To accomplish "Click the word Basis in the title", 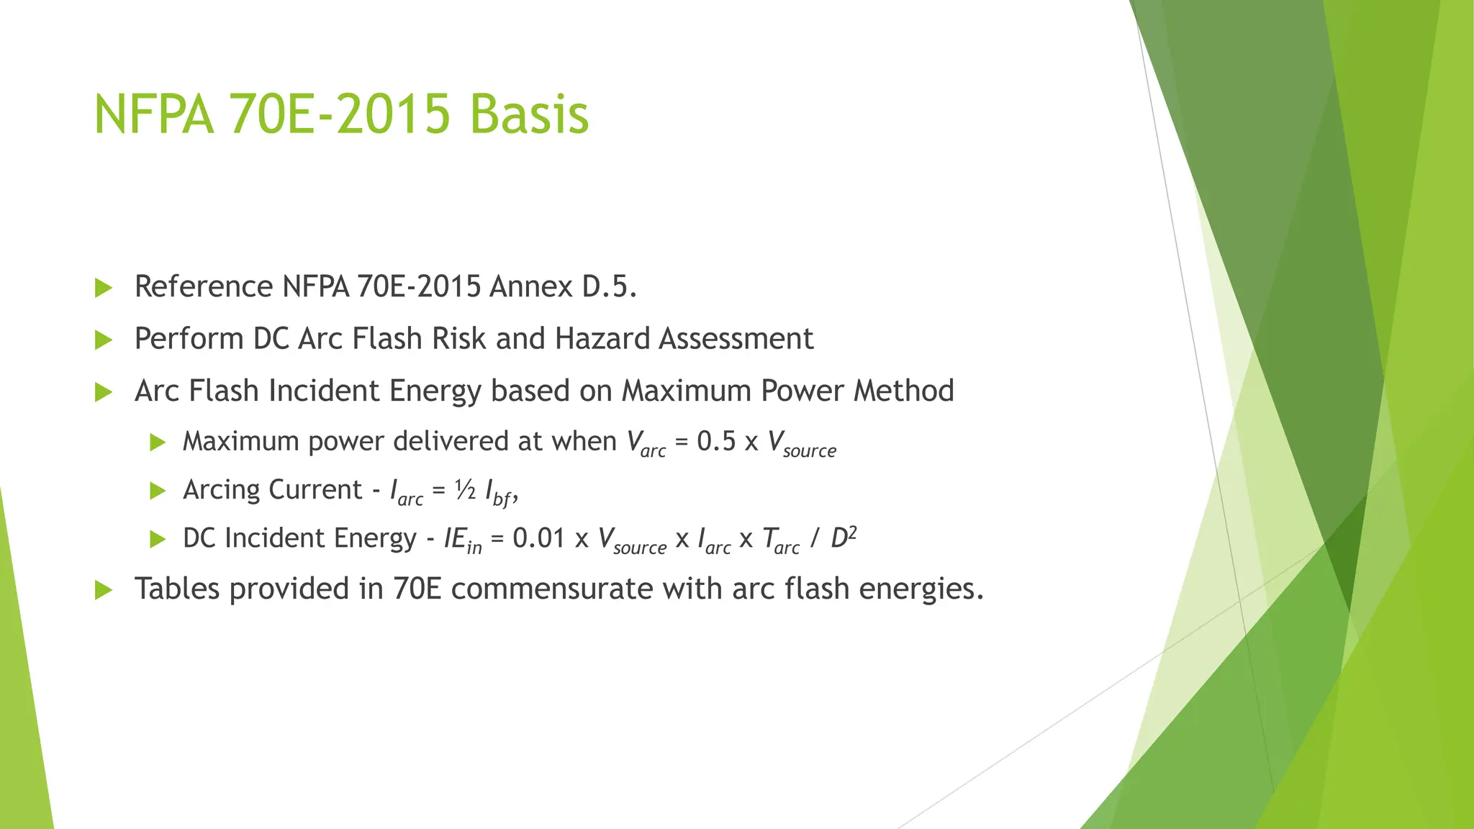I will pos(529,114).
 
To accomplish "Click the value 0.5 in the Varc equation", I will pos(716,441).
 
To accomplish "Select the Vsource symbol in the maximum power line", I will pos(801,443).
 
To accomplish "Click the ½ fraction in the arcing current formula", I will pos(465,490).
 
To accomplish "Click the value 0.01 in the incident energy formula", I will pos(538,538).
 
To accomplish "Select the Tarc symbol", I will pos(780,540).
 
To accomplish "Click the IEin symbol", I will pos(462,540).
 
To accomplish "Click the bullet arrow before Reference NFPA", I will pos(104,288).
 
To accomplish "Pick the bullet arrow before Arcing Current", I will pos(158,491).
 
